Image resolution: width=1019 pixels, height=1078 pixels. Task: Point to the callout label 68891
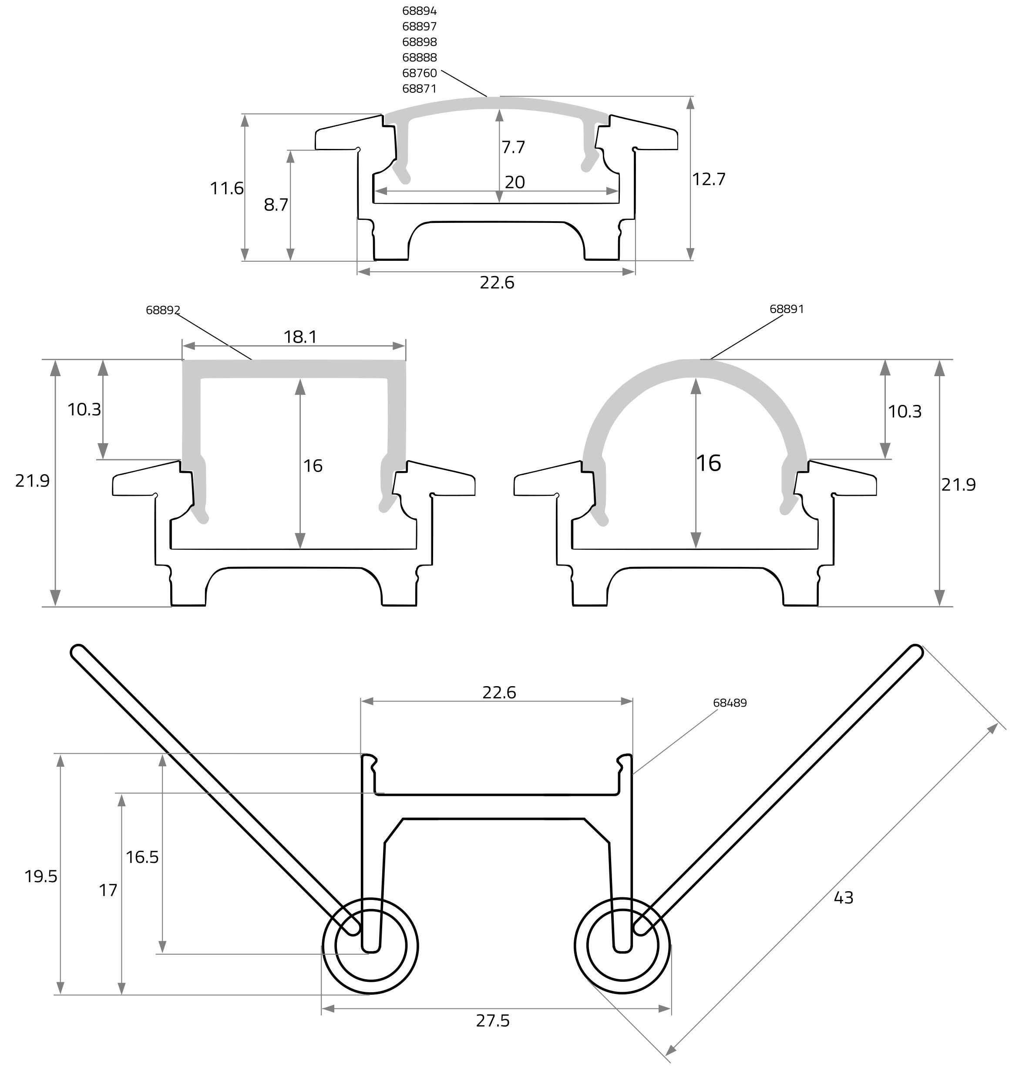787,309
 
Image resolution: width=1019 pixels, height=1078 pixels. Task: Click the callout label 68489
730,703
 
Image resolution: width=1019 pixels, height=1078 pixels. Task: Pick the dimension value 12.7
708,179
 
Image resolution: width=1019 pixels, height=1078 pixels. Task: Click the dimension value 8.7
276,205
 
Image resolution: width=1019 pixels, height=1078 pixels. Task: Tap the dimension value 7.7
513,147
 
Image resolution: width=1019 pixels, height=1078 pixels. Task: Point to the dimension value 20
515,182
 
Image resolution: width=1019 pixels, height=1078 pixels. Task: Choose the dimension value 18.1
300,337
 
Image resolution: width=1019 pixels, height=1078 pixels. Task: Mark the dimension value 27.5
493,1021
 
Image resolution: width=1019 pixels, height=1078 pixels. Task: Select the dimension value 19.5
41,876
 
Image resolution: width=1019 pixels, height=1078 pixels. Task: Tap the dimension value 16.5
142,857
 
